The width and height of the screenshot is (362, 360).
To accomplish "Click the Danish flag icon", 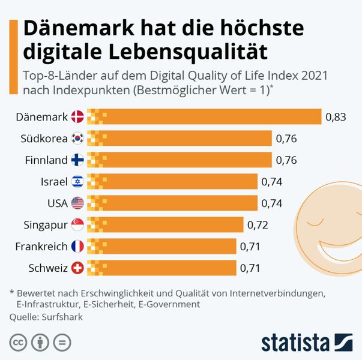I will [77, 116].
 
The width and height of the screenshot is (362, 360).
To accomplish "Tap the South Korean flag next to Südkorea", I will [77, 138].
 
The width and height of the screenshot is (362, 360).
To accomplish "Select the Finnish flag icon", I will [77, 160].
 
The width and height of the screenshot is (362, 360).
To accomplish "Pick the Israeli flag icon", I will [77, 181].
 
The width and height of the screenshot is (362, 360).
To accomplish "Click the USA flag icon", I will [77, 203].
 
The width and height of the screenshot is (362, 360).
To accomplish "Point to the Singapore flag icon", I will [77, 224].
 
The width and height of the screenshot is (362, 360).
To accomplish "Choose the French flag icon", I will [77, 246].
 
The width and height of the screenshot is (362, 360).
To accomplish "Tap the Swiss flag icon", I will [77, 268].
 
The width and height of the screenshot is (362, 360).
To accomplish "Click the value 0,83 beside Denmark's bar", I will [336, 117].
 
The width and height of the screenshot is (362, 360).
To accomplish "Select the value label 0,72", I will [257, 225].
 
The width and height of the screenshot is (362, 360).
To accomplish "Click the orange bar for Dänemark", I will [204, 116].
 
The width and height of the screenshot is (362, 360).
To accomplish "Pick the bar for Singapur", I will [165, 224].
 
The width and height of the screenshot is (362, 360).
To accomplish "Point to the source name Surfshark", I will [62, 317].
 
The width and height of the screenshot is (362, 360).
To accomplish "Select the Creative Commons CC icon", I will [18, 343].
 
